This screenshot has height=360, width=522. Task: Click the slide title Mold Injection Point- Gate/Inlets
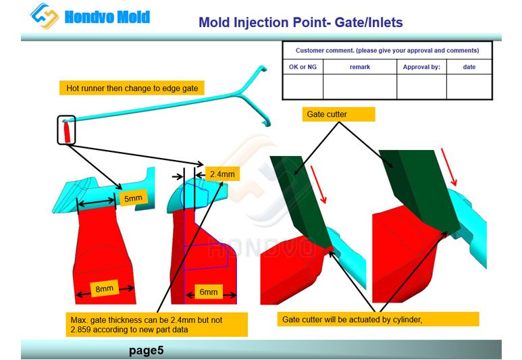(x=301, y=23)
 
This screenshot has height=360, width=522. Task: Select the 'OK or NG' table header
(x=303, y=67)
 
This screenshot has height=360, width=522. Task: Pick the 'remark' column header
(x=359, y=67)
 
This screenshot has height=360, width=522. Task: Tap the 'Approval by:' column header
(x=421, y=67)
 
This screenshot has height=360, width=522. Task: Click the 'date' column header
(x=469, y=67)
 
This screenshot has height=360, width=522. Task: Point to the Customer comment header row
(x=387, y=51)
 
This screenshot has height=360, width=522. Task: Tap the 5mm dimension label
(x=132, y=198)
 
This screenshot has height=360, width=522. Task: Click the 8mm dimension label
(x=104, y=289)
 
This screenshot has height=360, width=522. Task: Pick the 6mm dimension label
(x=209, y=292)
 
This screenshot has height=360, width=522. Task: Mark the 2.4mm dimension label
(x=221, y=174)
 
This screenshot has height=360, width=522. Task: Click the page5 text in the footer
(x=146, y=350)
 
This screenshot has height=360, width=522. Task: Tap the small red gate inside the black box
(x=67, y=131)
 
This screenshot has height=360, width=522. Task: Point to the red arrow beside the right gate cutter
(x=448, y=168)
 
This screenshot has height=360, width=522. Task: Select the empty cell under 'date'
(x=469, y=86)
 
